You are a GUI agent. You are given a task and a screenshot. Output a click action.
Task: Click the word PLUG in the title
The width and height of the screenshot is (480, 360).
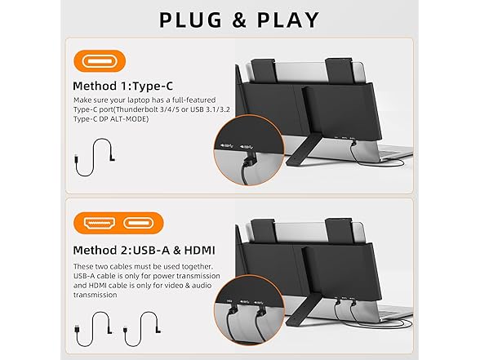(x=190, y=20)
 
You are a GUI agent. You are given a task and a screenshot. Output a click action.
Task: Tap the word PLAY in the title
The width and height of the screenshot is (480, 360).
(x=288, y=20)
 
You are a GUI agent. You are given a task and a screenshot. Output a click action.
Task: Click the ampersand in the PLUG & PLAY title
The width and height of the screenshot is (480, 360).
(x=239, y=20)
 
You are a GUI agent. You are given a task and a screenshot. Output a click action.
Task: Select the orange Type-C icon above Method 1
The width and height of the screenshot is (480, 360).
(x=100, y=61)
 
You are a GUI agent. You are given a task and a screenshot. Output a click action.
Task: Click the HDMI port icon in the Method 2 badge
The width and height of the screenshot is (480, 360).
(x=100, y=223)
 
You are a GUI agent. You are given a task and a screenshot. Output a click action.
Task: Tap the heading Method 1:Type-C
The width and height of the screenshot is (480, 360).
(x=122, y=86)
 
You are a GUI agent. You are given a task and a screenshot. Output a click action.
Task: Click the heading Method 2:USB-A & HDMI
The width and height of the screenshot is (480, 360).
(x=144, y=250)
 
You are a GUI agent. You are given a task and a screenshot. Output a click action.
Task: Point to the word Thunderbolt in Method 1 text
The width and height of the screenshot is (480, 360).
(x=135, y=109)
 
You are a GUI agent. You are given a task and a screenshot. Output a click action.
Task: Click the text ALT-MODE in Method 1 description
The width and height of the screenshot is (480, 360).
(x=131, y=119)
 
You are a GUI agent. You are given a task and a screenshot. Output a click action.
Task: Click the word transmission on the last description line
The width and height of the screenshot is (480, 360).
(x=96, y=295)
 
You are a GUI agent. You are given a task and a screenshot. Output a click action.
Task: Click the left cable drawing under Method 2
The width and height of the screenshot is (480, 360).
(x=94, y=329)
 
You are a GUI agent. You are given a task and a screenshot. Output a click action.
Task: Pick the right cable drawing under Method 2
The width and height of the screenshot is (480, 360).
(x=143, y=329)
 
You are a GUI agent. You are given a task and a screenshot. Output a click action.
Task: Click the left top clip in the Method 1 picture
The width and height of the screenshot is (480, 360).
(x=264, y=70)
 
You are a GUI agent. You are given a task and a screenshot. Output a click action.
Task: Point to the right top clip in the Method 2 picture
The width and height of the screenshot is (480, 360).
(x=339, y=231)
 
